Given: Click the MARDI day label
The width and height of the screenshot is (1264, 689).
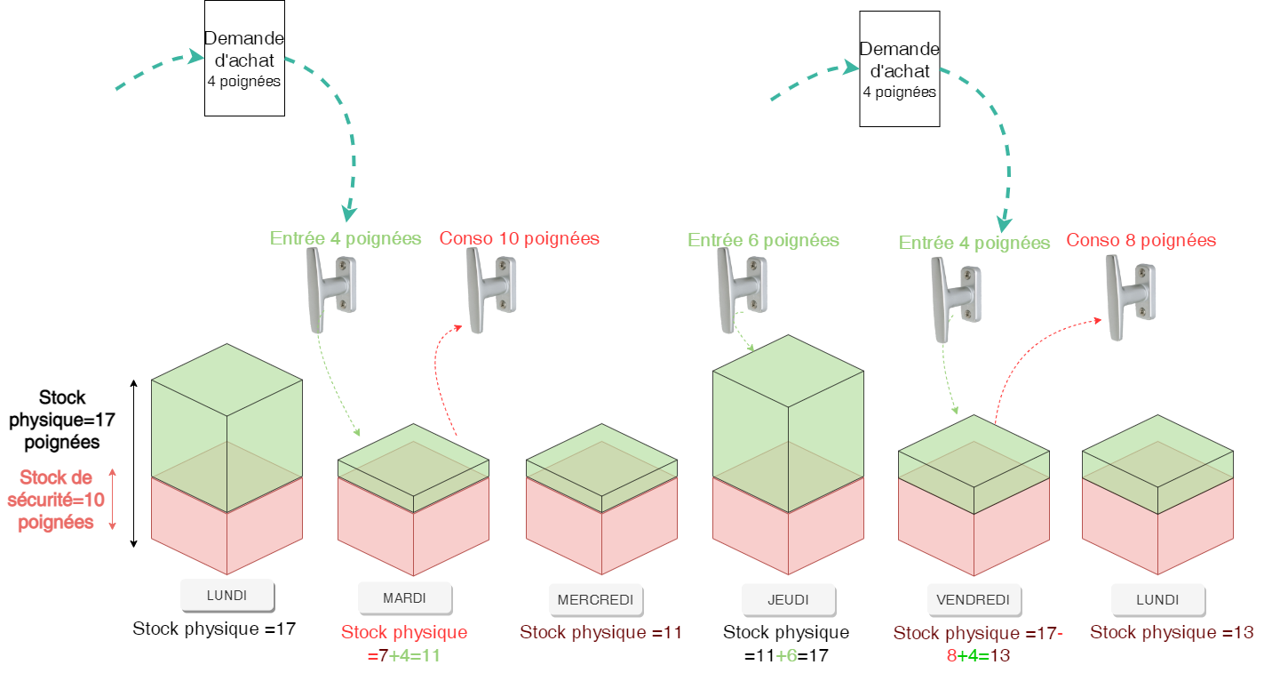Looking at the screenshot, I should [404, 597].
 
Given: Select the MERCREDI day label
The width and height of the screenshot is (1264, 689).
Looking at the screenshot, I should [595, 599].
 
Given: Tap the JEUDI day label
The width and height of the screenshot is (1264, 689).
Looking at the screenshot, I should [788, 599].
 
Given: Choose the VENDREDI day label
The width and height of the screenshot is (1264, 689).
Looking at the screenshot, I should [974, 599].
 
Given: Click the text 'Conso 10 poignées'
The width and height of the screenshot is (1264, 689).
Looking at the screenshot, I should [520, 238].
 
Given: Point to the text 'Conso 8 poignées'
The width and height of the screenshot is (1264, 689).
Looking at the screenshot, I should [1141, 240].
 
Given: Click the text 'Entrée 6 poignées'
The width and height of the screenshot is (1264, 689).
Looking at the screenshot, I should [763, 240].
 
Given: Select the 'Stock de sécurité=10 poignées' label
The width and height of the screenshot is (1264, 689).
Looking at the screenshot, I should [56, 500].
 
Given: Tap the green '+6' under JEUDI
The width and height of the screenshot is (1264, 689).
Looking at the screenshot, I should [786, 655].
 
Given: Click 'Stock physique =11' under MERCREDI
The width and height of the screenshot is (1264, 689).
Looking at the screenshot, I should [601, 633].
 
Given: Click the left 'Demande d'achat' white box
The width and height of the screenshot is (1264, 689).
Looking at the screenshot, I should [244, 58].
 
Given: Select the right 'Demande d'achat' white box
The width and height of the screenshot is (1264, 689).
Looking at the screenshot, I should [899, 68].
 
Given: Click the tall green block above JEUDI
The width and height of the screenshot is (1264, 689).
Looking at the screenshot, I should [788, 409].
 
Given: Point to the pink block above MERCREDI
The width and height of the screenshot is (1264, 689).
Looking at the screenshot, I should [601, 533].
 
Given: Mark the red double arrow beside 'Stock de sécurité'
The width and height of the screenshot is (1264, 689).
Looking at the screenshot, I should [113, 500].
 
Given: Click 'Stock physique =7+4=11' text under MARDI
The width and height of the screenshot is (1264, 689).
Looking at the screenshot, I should [404, 644].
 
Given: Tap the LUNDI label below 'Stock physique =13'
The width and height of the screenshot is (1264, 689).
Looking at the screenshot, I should [1157, 599].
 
